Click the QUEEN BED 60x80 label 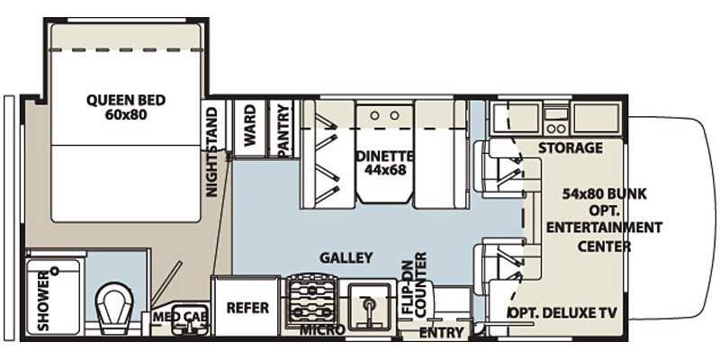[117, 107]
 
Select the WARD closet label [249, 126]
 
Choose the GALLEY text [346, 258]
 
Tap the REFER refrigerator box [247, 308]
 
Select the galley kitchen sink [369, 303]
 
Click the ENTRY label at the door [442, 333]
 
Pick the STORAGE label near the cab [570, 148]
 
